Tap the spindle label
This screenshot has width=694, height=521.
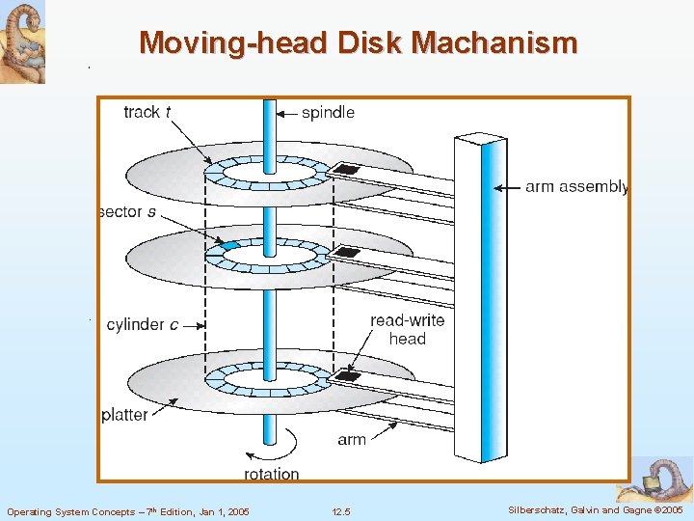[328, 113]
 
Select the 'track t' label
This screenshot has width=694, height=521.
[147, 112]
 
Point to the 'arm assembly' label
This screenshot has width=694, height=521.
[576, 186]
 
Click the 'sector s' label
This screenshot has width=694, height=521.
[128, 212]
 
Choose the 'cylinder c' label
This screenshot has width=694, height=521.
[142, 324]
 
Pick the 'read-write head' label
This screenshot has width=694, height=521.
[407, 329]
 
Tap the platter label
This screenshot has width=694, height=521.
[124, 415]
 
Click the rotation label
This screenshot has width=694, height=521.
[271, 474]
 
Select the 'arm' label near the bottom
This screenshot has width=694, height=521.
[352, 439]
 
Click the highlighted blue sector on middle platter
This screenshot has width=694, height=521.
[229, 247]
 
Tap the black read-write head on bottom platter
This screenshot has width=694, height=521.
[347, 376]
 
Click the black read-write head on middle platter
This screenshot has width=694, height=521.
[346, 254]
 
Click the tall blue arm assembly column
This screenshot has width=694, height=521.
[481, 299]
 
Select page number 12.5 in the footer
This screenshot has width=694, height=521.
[340, 510]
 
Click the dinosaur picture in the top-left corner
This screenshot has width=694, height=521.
[22, 41]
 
